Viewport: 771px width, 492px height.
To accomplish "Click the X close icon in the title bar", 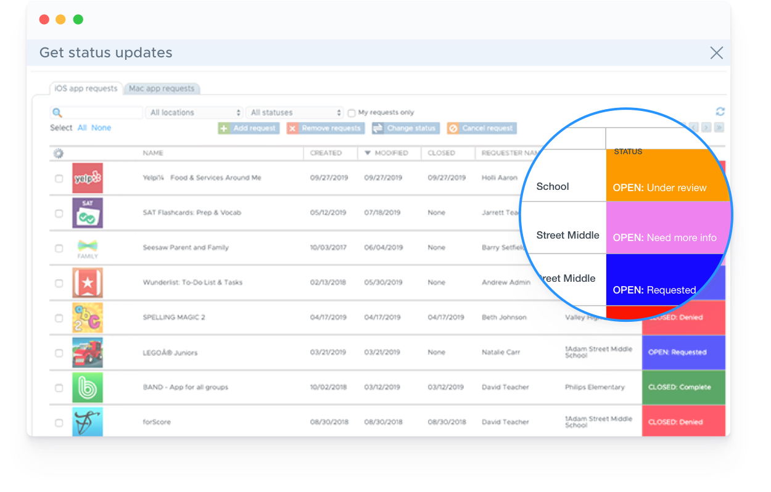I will coord(716,53).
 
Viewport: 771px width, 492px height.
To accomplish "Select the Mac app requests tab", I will coord(162,89).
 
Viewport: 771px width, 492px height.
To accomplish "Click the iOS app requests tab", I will coord(86,89).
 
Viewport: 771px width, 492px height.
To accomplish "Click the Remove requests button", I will coord(326,128).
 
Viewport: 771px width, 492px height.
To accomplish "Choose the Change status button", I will coord(406,128).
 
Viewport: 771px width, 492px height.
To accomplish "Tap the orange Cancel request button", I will coord(482,128).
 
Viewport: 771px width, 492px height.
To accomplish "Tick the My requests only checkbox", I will coord(352,113).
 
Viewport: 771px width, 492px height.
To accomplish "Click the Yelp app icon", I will coord(88,178).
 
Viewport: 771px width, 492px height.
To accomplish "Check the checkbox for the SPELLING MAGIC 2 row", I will coord(59,318).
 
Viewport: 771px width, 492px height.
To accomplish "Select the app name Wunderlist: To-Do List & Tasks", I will coord(192,282).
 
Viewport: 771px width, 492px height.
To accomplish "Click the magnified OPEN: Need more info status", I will coord(665,237).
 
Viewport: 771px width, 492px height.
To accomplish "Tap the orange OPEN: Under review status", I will coord(660,187).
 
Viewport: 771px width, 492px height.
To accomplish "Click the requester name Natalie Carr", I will coord(501,352).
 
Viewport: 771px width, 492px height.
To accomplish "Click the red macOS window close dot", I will coord(44,20).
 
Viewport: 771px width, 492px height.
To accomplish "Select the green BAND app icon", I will coord(88,388).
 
